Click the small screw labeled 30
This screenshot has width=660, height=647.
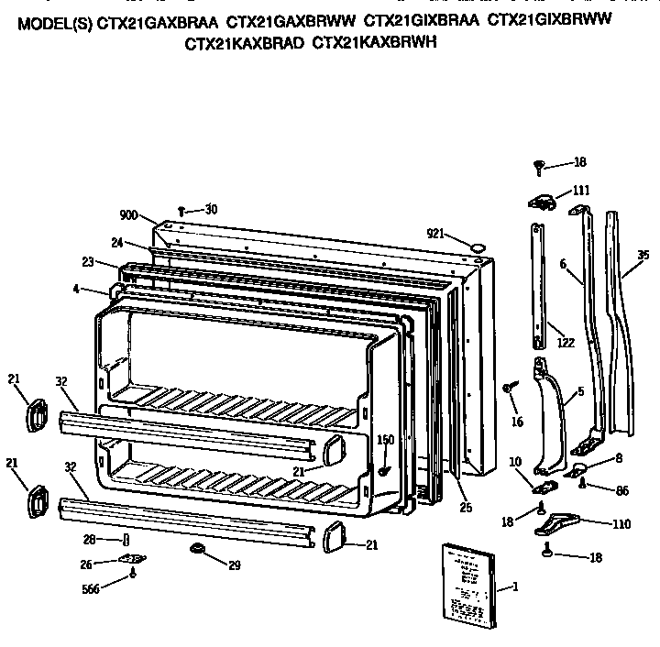tap(182, 211)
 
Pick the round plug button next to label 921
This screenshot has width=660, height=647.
tap(477, 246)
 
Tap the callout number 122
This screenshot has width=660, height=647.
tap(566, 343)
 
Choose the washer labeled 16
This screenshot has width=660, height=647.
tap(507, 389)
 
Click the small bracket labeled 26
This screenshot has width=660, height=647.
tap(134, 558)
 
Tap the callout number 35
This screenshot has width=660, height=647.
tap(643, 255)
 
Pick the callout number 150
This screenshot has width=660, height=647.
tap(386, 440)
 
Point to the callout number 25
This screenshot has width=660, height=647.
tap(466, 506)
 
